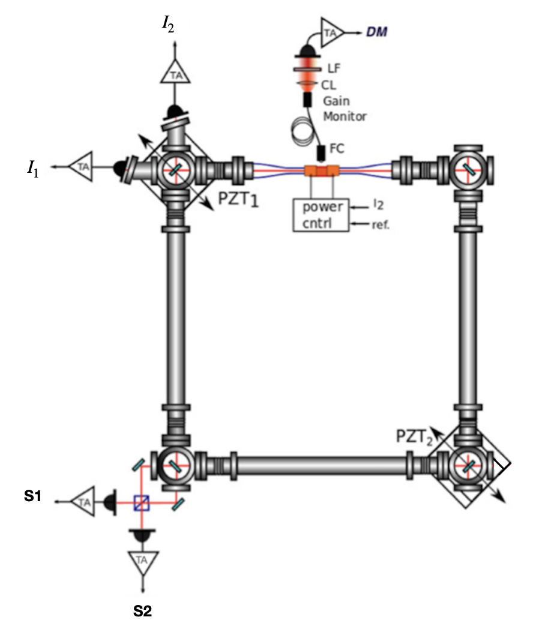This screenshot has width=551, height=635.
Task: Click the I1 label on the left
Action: tap(31, 169)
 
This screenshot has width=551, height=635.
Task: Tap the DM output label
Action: tap(376, 32)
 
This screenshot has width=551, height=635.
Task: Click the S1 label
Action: tap(28, 498)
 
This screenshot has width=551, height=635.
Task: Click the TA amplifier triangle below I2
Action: tap(175, 74)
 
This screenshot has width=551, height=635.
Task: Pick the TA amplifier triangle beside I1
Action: tap(82, 166)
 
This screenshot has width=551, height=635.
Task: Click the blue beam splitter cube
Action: tap(142, 499)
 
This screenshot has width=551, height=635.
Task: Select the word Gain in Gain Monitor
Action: tap(336, 102)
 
